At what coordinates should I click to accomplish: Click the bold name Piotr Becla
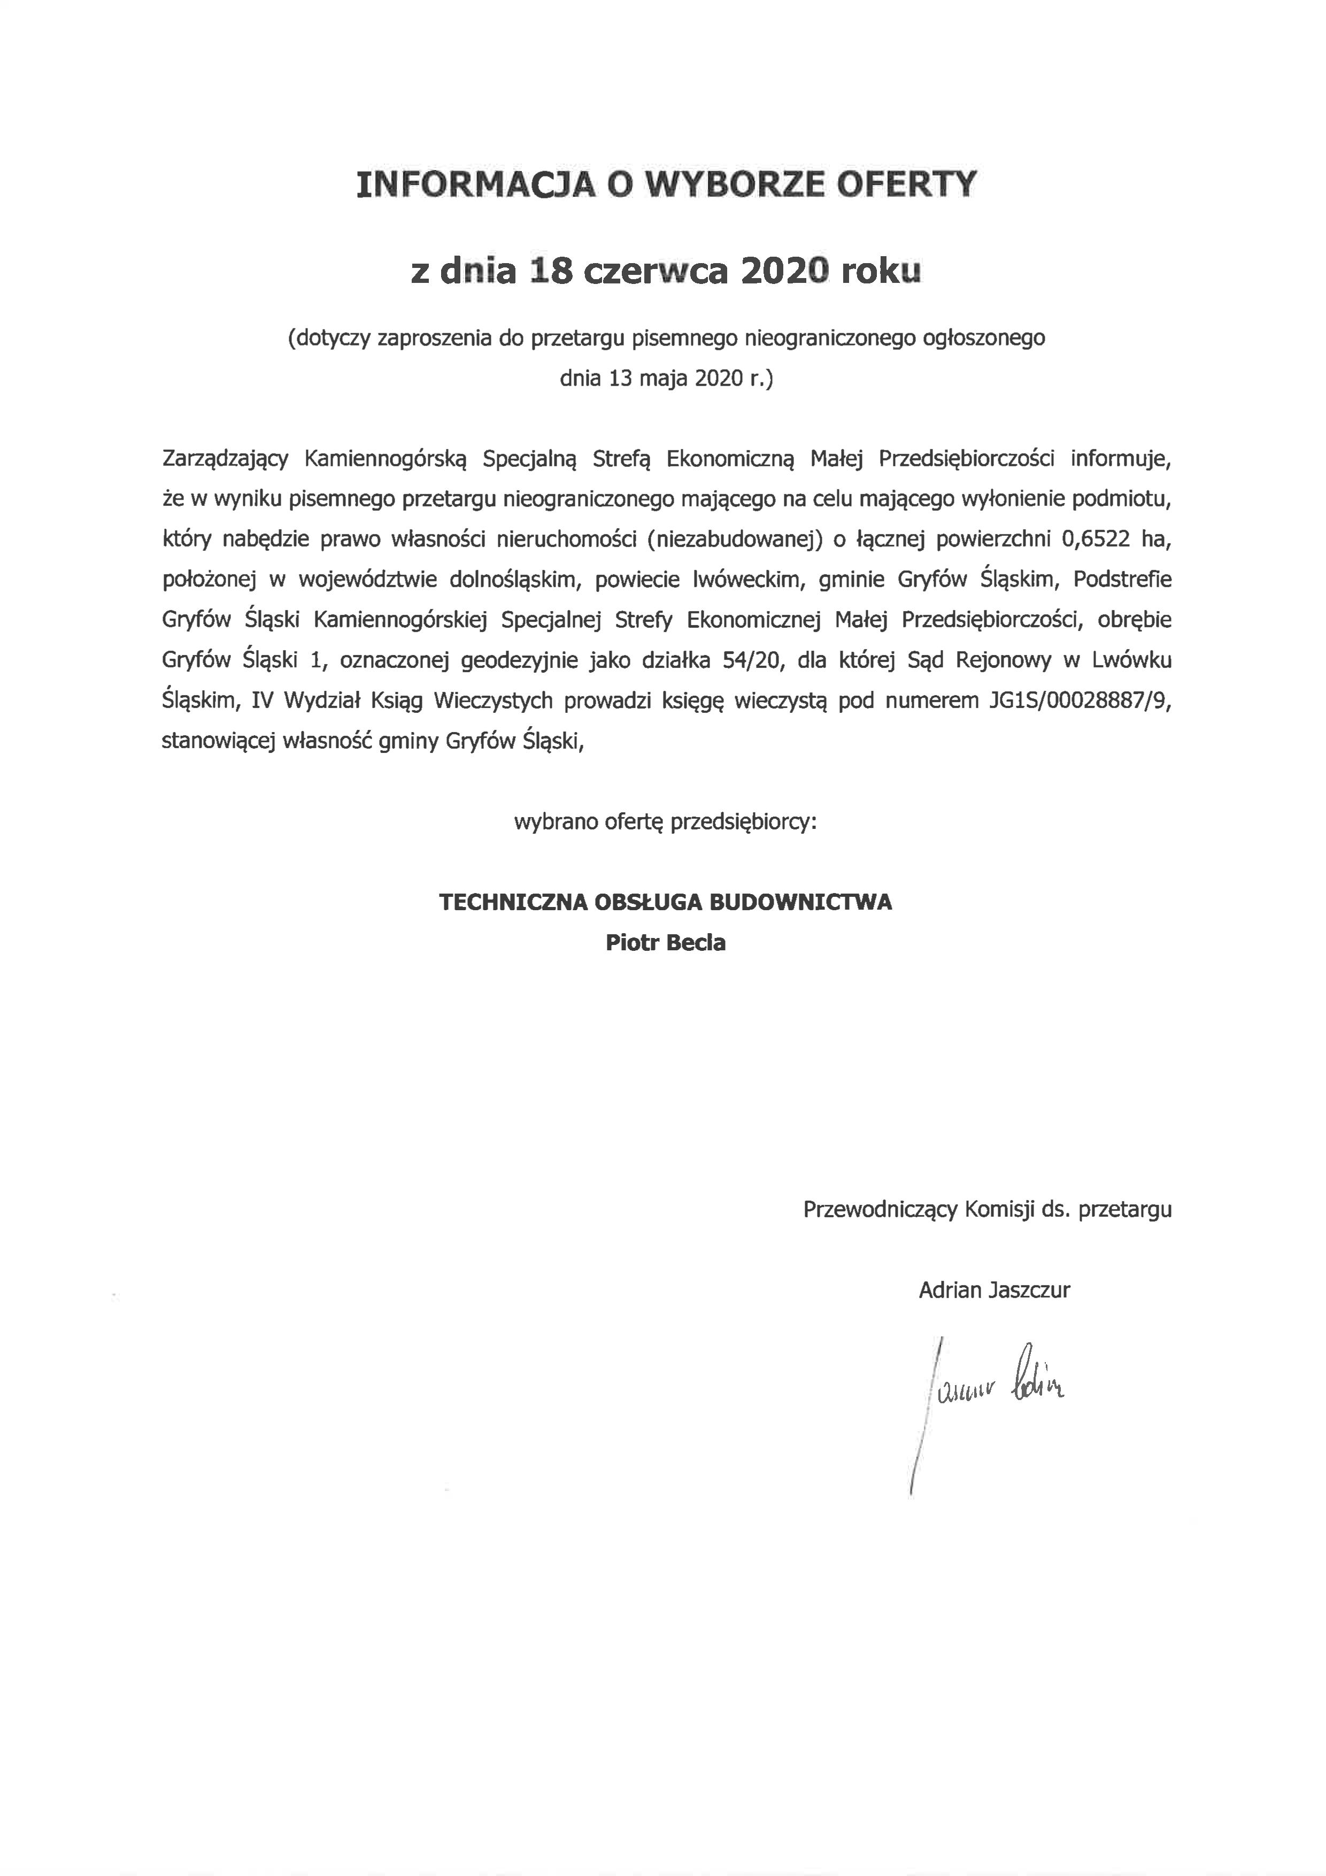[665, 943]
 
